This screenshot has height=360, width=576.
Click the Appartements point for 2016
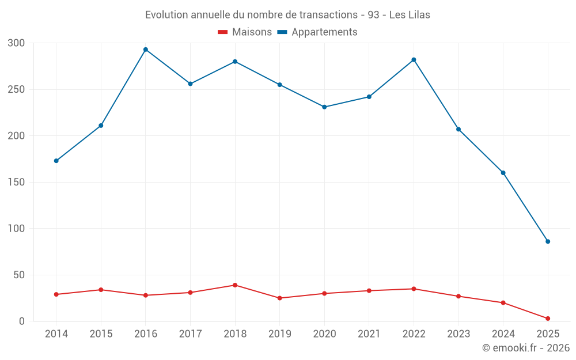pyautogui.click(x=146, y=50)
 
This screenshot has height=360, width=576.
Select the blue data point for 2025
pyautogui.click(x=548, y=241)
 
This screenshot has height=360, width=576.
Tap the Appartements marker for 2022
pyautogui.click(x=414, y=60)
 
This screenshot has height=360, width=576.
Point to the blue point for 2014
pyautogui.click(x=56, y=161)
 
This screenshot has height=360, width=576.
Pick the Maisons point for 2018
pyautogui.click(x=235, y=285)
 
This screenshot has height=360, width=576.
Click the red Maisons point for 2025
pyautogui.click(x=548, y=319)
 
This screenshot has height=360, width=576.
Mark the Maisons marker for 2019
pyautogui.click(x=280, y=298)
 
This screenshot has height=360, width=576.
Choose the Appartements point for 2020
pyautogui.click(x=324, y=107)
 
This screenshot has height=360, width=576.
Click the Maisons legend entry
pyautogui.click(x=245, y=32)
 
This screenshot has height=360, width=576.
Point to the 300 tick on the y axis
pyautogui.click(x=17, y=43)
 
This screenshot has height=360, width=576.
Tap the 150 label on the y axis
pyautogui.click(x=17, y=183)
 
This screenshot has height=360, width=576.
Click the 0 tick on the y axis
pyautogui.click(x=22, y=321)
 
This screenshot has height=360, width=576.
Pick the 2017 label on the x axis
pyautogui.click(x=190, y=334)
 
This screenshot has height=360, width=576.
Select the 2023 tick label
pyautogui.click(x=458, y=334)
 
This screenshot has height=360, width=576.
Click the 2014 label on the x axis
pyautogui.click(x=56, y=334)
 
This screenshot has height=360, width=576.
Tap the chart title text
pyautogui.click(x=287, y=14)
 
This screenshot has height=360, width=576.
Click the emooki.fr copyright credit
pyautogui.click(x=525, y=348)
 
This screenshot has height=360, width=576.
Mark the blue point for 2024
pyautogui.click(x=503, y=173)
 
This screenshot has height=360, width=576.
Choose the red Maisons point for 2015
pyautogui.click(x=101, y=290)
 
